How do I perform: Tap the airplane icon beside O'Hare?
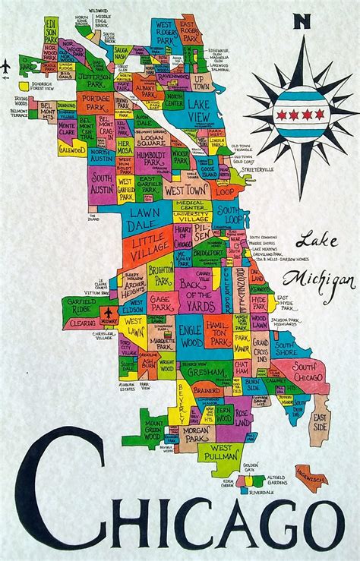[x=7, y=66]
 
